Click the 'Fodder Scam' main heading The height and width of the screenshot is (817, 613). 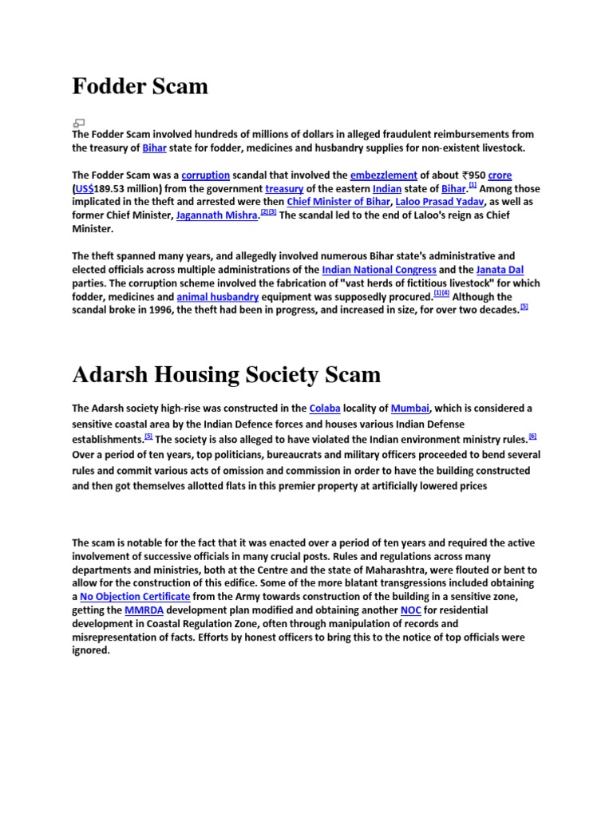[x=140, y=86]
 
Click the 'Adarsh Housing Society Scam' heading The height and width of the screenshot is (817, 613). [x=226, y=374]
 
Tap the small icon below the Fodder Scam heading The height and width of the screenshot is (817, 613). [x=78, y=123]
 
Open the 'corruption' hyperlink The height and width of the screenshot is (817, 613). [x=205, y=175]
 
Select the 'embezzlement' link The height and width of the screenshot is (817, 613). [x=384, y=175]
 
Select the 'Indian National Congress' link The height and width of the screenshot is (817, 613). [x=379, y=270]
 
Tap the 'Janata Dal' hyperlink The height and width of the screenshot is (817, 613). [x=500, y=270]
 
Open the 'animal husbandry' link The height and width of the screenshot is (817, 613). [x=217, y=297]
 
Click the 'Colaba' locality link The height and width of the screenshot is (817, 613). [x=324, y=408]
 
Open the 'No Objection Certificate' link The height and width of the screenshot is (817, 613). [x=135, y=596]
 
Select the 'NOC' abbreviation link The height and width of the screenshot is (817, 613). [x=410, y=610]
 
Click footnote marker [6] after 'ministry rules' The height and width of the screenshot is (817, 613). [x=532, y=436]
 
